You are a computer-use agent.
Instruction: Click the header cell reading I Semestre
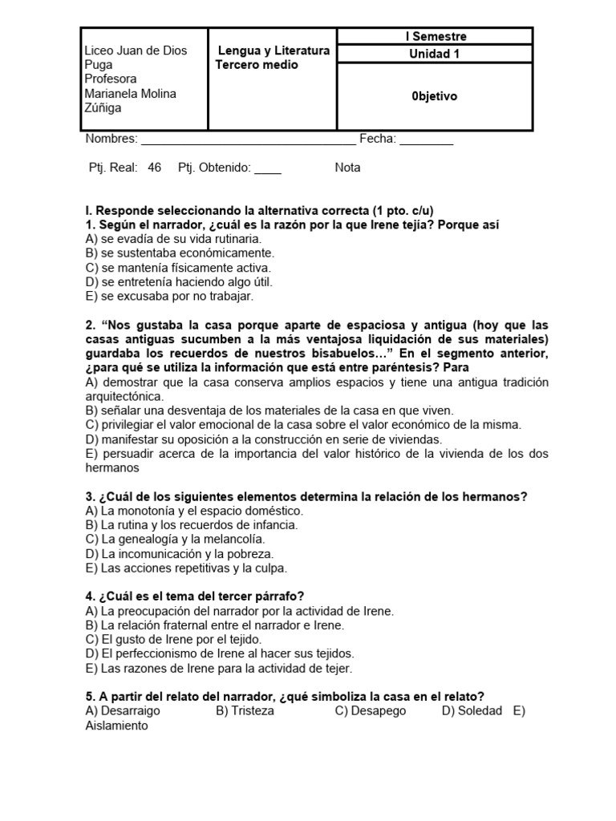[x=435, y=36]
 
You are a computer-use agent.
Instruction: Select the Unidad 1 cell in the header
[x=435, y=55]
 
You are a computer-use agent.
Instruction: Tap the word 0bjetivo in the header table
[x=435, y=96]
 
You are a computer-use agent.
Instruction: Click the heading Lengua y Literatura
[x=274, y=51]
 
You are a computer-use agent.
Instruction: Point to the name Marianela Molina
[x=131, y=94]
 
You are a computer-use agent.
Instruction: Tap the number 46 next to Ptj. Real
[x=155, y=168]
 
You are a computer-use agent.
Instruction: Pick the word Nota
[x=347, y=168]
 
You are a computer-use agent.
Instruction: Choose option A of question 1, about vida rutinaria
[x=173, y=239]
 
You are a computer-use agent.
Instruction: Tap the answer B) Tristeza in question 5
[x=245, y=711]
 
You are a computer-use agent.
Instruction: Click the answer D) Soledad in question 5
[x=472, y=711]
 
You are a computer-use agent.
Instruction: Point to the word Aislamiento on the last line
[x=117, y=726]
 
